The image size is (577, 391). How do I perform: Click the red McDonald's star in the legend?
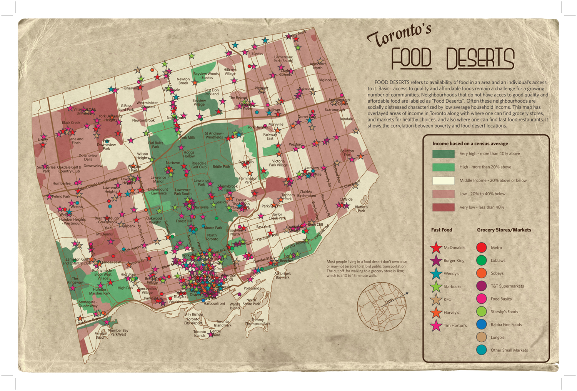click(x=436, y=248)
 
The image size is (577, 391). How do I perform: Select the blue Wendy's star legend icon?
click(x=436, y=274)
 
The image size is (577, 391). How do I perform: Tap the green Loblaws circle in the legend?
click(x=481, y=260)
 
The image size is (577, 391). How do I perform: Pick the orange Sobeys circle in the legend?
click(x=481, y=273)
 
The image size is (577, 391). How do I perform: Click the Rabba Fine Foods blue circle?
click(x=481, y=324)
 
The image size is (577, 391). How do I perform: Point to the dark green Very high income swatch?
click(x=443, y=154)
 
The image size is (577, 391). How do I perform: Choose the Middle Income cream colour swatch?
click(x=443, y=181)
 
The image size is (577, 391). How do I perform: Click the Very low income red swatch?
click(x=443, y=208)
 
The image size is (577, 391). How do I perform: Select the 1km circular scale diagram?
click(x=382, y=306)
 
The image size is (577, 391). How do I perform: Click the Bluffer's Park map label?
click(x=361, y=209)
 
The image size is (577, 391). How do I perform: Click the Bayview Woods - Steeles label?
click(x=206, y=76)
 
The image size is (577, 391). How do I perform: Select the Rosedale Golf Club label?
click(x=199, y=165)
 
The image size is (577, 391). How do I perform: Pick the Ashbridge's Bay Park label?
click(x=282, y=275)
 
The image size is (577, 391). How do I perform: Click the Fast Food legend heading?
click(x=441, y=230)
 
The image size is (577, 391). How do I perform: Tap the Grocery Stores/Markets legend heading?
click(x=504, y=230)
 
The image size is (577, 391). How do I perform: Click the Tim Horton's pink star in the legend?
click(x=436, y=326)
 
